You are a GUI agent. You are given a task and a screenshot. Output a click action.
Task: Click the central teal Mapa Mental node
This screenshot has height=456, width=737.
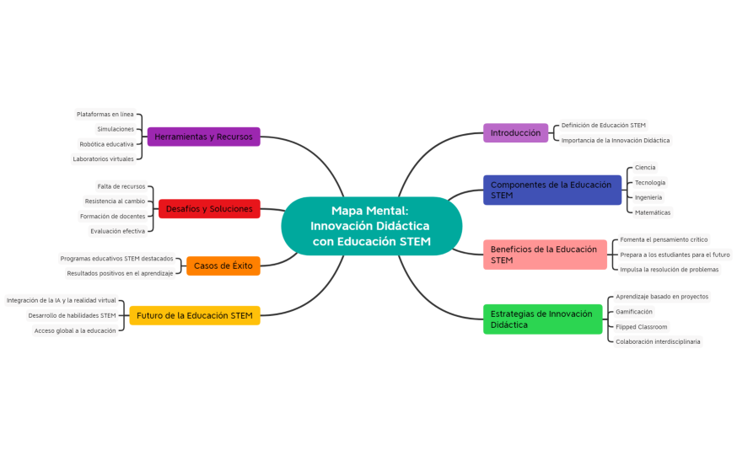(371, 226)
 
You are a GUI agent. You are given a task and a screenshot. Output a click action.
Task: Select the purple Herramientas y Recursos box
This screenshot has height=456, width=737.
(203, 137)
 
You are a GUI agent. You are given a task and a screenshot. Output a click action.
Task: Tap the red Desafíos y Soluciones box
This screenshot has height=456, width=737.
(209, 208)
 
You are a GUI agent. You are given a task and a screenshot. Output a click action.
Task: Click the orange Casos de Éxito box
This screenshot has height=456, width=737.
(223, 266)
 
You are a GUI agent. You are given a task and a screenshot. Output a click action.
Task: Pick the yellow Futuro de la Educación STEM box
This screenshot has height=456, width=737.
(195, 315)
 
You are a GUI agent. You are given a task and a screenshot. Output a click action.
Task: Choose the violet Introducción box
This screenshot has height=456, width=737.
(515, 133)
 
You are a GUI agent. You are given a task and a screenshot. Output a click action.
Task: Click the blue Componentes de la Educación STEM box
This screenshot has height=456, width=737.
(551, 190)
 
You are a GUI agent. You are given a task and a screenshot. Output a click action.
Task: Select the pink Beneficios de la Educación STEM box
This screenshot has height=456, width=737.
(544, 255)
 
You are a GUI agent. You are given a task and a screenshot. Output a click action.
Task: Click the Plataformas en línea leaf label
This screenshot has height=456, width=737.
(105, 114)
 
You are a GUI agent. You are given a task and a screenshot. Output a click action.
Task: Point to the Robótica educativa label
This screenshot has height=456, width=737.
(106, 144)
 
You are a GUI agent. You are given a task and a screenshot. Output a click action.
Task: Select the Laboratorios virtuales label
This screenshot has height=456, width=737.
(103, 158)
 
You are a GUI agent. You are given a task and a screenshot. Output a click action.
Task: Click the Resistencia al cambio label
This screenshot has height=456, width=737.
(115, 201)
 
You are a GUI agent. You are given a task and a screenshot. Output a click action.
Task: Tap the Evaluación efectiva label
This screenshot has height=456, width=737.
(117, 231)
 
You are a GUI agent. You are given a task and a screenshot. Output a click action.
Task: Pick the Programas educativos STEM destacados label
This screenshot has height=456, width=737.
(116, 259)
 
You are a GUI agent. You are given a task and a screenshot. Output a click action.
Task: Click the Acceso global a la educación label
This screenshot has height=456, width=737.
(75, 330)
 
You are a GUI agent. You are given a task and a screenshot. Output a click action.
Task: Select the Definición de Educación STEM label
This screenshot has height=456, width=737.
(603, 126)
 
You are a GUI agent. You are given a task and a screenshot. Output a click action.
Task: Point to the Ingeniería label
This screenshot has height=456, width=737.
(648, 197)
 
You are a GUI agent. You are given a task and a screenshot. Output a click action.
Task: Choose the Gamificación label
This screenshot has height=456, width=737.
(633, 312)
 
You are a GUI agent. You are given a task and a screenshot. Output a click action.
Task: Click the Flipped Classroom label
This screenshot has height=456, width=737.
(641, 327)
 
